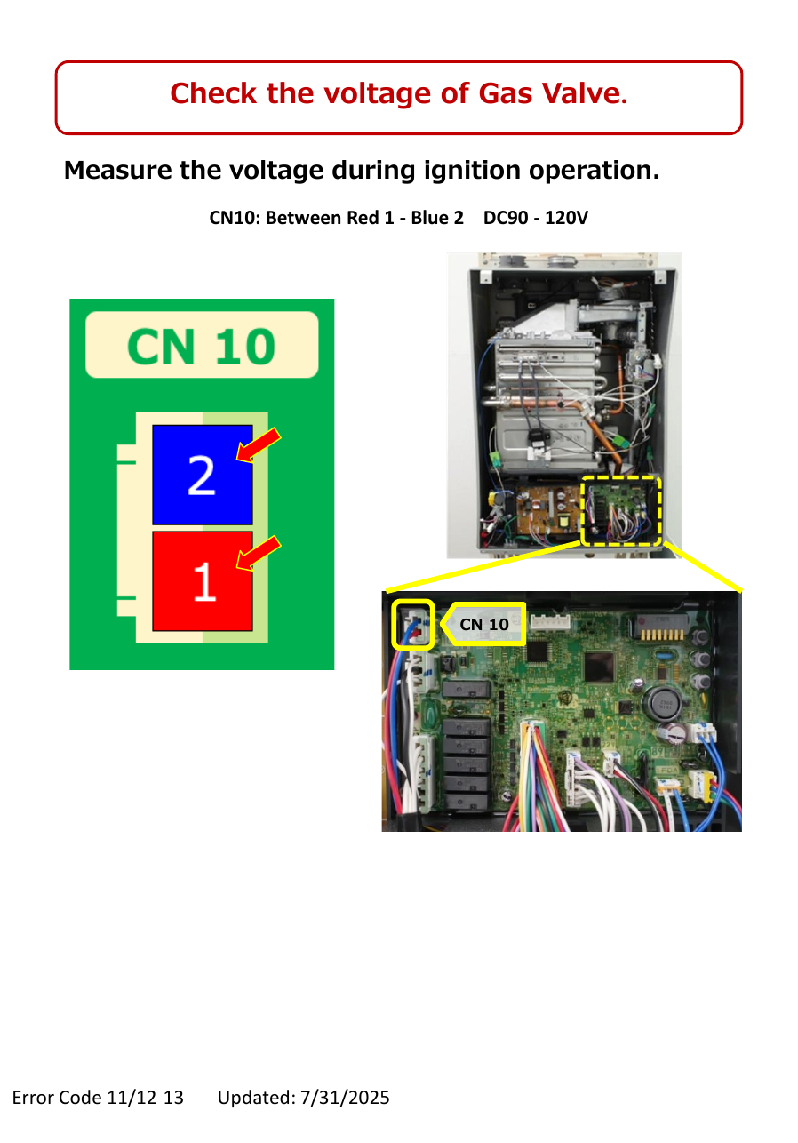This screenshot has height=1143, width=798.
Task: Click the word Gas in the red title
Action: coord(506,94)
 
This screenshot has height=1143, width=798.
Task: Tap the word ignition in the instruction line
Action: coord(472,171)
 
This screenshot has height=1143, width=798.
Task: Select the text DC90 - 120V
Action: coord(535,218)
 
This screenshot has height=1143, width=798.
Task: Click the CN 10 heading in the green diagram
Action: coord(202,347)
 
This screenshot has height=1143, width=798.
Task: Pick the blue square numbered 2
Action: coord(203,475)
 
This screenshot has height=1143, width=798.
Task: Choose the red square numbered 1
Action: coord(203,581)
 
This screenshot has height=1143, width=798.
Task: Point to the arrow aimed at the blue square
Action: coord(259,445)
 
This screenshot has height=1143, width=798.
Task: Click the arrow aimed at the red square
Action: coord(259,553)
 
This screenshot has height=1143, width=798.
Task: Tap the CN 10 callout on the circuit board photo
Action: coord(483,624)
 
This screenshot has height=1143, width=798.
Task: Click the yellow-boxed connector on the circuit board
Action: coord(413,625)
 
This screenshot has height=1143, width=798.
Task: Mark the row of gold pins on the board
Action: coord(662,635)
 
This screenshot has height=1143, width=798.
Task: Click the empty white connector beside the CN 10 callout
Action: coord(551,621)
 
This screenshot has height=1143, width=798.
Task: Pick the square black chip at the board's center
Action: coord(599,667)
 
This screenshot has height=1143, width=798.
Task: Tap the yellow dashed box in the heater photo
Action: coord(621,511)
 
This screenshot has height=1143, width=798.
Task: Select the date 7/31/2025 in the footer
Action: coord(345,1097)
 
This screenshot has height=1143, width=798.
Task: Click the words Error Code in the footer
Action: coord(57,1097)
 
